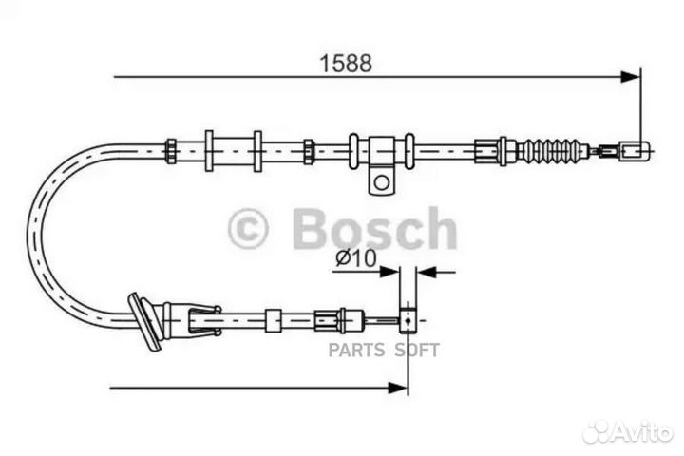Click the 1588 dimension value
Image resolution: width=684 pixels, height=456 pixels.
[346, 64]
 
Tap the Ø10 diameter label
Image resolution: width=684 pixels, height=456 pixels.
[356, 257]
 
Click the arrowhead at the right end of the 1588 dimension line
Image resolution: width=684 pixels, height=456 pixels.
[631, 77]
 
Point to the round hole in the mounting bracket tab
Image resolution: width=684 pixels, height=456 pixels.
[382, 182]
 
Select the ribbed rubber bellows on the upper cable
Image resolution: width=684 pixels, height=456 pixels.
[554, 151]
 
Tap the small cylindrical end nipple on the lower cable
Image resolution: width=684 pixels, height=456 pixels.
[408, 321]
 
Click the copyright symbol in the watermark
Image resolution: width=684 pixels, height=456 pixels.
[248, 229]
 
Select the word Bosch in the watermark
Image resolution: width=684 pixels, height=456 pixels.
[374, 229]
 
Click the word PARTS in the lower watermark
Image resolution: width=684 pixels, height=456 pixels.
[356, 350]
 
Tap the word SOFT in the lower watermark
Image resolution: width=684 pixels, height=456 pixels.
[417, 350]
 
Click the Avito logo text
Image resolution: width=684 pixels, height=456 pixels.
[643, 432]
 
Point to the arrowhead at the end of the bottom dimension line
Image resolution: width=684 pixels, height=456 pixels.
[398, 387]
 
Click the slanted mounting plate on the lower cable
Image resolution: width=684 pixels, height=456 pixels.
[144, 322]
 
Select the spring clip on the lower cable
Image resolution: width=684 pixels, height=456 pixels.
[203, 321]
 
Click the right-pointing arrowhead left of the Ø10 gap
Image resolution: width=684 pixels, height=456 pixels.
[389, 272]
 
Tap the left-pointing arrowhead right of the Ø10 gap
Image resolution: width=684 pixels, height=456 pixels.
[427, 272]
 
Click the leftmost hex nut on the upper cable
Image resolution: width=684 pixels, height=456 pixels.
[170, 151]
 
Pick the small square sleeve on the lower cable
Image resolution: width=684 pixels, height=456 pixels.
[274, 321]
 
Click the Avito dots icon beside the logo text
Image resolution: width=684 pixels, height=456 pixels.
[597, 432]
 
